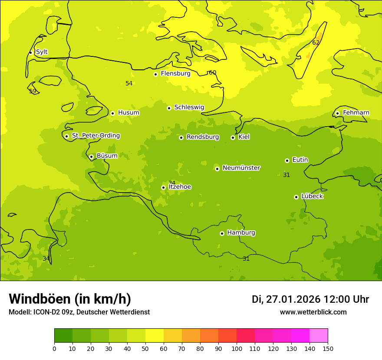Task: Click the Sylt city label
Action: (x=42, y=52)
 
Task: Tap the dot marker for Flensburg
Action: (x=155, y=74)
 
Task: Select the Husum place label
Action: (x=128, y=113)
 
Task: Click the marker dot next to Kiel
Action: (x=233, y=137)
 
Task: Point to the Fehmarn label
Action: (x=356, y=113)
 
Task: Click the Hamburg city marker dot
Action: (x=222, y=233)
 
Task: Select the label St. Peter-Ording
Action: (x=95, y=136)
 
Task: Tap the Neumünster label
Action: (x=241, y=168)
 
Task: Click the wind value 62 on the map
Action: (x=316, y=43)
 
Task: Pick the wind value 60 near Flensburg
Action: (x=212, y=72)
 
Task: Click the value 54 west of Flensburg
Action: (x=129, y=83)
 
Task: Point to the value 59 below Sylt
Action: (x=33, y=91)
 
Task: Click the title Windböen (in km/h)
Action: (x=70, y=299)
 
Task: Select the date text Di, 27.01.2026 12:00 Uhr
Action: (x=310, y=299)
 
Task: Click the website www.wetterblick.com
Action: (x=313, y=312)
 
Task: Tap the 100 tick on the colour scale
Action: (x=237, y=348)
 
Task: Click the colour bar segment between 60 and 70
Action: (x=173, y=336)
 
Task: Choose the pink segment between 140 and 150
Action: (x=319, y=336)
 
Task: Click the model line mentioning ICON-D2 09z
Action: (x=79, y=312)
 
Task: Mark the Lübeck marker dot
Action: (x=296, y=197)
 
